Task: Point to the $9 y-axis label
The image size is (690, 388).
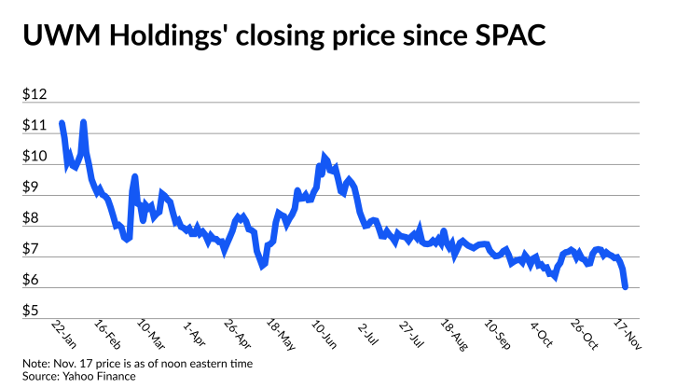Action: point(32,187)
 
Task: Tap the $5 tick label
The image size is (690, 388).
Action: point(32,310)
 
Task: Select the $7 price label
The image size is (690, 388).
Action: point(32,249)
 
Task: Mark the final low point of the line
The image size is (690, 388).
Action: point(625,286)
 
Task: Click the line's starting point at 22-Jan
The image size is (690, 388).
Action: point(62,123)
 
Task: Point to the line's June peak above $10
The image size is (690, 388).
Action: point(324,156)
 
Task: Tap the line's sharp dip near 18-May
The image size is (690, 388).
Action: point(263,267)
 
